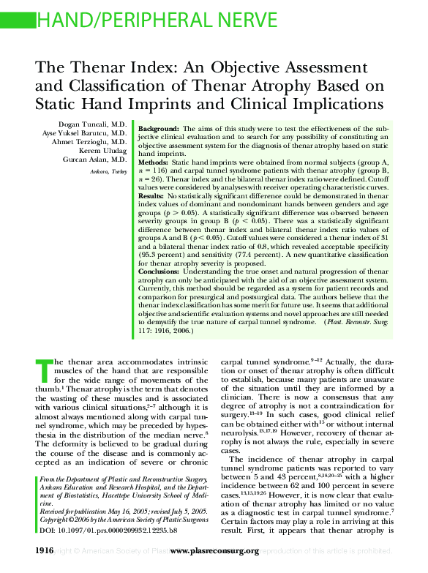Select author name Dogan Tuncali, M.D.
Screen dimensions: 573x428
(x=94, y=124)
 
